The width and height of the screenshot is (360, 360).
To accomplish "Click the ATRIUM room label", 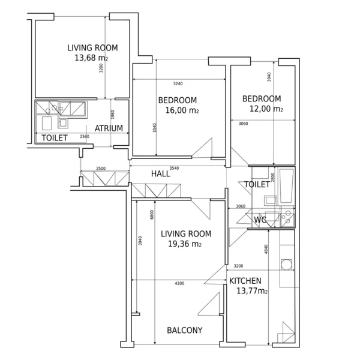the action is tap(109, 128).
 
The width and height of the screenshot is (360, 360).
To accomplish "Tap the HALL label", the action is tap(161, 174).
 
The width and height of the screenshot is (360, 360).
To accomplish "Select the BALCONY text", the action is tap(185, 330).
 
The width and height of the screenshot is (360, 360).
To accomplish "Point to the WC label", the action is tap(260, 220).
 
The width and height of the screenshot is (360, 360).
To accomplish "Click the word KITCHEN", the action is tap(245, 281).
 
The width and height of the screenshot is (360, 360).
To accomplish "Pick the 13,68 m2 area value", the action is tap(91, 58).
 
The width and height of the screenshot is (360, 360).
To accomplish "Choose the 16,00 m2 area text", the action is tap(182, 110).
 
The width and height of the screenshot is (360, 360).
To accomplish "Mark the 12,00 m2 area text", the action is tap(266, 109).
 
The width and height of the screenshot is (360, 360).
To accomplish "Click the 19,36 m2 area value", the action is tap(185, 244).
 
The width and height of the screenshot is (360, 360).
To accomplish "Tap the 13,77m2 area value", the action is tap(252, 291).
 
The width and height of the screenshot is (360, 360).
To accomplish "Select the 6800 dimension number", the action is tap(152, 215).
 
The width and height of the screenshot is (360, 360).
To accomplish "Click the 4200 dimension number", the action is tap(179, 284).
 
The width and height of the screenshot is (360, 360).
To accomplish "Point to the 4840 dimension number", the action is tap(266, 249).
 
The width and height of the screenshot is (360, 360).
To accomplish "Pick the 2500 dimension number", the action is tap(101, 168).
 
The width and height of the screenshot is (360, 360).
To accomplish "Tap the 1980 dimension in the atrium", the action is tap(113, 115).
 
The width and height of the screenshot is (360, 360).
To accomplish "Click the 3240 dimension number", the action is tap(178, 84).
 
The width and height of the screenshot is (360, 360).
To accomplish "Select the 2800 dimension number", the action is tap(273, 178).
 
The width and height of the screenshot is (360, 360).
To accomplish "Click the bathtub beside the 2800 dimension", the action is tap(286, 186).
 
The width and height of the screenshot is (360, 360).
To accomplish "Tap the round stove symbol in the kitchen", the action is tap(287, 265).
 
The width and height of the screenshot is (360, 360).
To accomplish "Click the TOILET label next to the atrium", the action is tap(55, 138).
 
